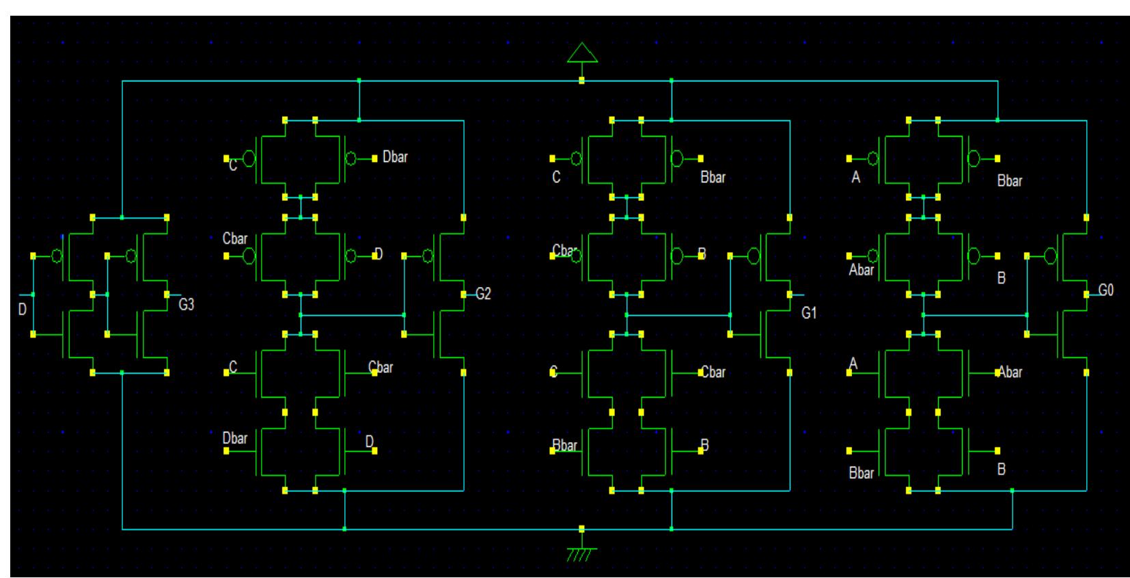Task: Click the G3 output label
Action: tap(186, 305)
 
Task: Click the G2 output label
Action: tap(482, 294)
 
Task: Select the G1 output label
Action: tap(808, 314)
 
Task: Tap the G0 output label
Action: tap(1105, 291)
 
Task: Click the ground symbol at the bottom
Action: tap(581, 553)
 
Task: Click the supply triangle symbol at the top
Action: tap(582, 53)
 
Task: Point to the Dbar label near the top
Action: tap(395, 157)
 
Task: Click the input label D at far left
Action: tap(22, 310)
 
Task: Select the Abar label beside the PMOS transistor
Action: tap(861, 271)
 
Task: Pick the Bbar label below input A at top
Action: tap(1009, 182)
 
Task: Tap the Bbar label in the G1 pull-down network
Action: tap(564, 446)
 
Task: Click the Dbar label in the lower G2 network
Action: tap(234, 439)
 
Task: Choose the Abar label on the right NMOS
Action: tap(1010, 373)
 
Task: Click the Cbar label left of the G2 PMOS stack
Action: tap(234, 239)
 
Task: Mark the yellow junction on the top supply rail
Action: tap(581, 81)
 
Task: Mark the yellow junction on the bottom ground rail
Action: tap(581, 529)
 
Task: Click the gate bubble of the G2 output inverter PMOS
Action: tap(428, 256)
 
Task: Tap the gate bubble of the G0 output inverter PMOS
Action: tap(1051, 256)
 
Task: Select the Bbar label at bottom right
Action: tap(861, 473)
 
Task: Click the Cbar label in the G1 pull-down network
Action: tap(713, 373)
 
